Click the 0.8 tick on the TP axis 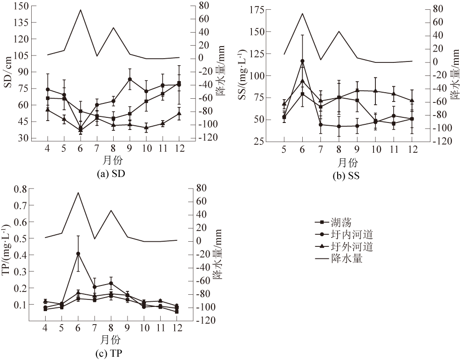tap(20, 189)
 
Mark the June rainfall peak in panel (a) tap(80, 10)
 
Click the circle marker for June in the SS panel tap(302, 61)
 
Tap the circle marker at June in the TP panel tap(78, 254)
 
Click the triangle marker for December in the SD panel tap(179, 113)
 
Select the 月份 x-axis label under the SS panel tap(347, 163)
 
